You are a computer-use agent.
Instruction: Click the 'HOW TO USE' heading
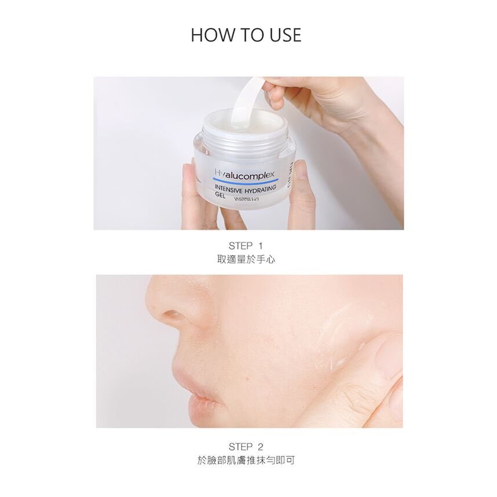pos(246,34)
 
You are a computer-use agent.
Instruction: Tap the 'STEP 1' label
pos(246,246)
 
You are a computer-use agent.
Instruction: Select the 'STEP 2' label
pos(246,447)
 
